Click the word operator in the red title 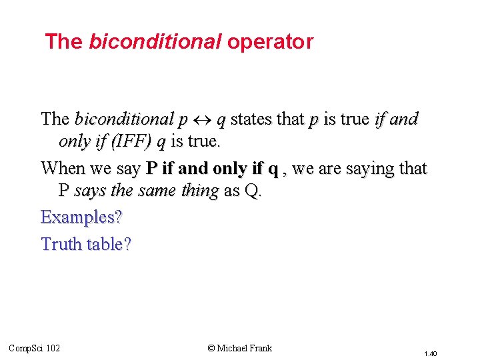[270, 42]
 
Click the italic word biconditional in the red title [155, 42]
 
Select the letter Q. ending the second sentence [254, 191]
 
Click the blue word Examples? [82, 217]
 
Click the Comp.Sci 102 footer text [35, 348]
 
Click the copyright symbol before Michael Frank [211, 348]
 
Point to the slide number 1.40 [429, 353]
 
